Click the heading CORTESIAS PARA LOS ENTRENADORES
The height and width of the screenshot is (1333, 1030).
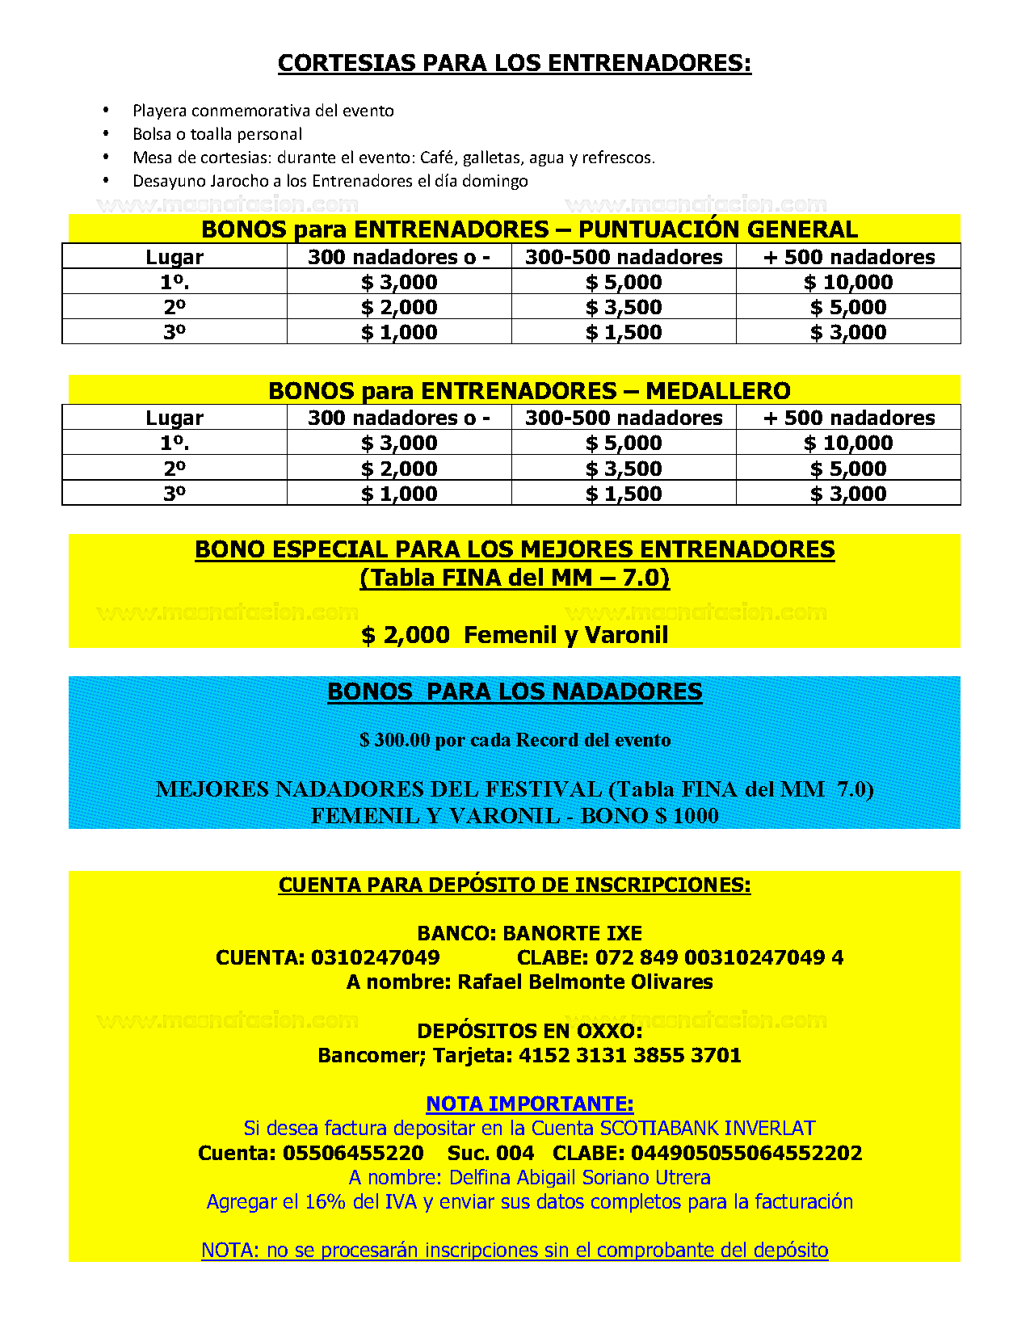pyautogui.click(x=515, y=63)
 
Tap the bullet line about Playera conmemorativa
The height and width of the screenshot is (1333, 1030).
pyautogui.click(x=263, y=111)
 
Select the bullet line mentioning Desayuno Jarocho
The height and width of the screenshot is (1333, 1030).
pyautogui.click(x=330, y=181)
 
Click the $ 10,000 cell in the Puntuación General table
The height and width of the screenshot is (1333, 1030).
pyautogui.click(x=848, y=282)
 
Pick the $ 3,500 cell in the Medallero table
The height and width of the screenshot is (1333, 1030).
pyautogui.click(x=624, y=469)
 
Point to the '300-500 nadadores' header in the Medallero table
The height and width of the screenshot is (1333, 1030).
pyautogui.click(x=624, y=418)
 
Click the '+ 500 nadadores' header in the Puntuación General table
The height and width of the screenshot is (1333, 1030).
pyautogui.click(x=848, y=257)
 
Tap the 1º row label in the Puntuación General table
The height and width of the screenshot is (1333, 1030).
pyautogui.click(x=174, y=282)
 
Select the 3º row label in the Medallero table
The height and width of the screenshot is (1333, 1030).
pyautogui.click(x=174, y=494)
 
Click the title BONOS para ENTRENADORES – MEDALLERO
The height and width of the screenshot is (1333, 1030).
pyautogui.click(x=529, y=391)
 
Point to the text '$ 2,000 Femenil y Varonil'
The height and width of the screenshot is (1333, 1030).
pyautogui.click(x=515, y=635)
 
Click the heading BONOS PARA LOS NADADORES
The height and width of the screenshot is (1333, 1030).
pyautogui.click(x=515, y=692)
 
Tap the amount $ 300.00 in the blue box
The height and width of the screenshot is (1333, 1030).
pyautogui.click(x=394, y=740)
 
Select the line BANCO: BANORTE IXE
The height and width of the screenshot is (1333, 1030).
pyautogui.click(x=529, y=933)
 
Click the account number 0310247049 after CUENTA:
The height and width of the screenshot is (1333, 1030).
pyautogui.click(x=375, y=958)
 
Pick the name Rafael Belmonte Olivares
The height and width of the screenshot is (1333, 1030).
pyautogui.click(x=585, y=982)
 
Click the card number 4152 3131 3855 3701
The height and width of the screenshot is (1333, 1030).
pyautogui.click(x=630, y=1055)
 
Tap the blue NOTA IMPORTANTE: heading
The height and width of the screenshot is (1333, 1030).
pyautogui.click(x=529, y=1104)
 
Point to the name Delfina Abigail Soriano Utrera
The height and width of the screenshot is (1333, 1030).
pyautogui.click(x=579, y=1177)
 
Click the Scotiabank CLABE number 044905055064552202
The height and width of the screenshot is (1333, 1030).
pyautogui.click(x=746, y=1153)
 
